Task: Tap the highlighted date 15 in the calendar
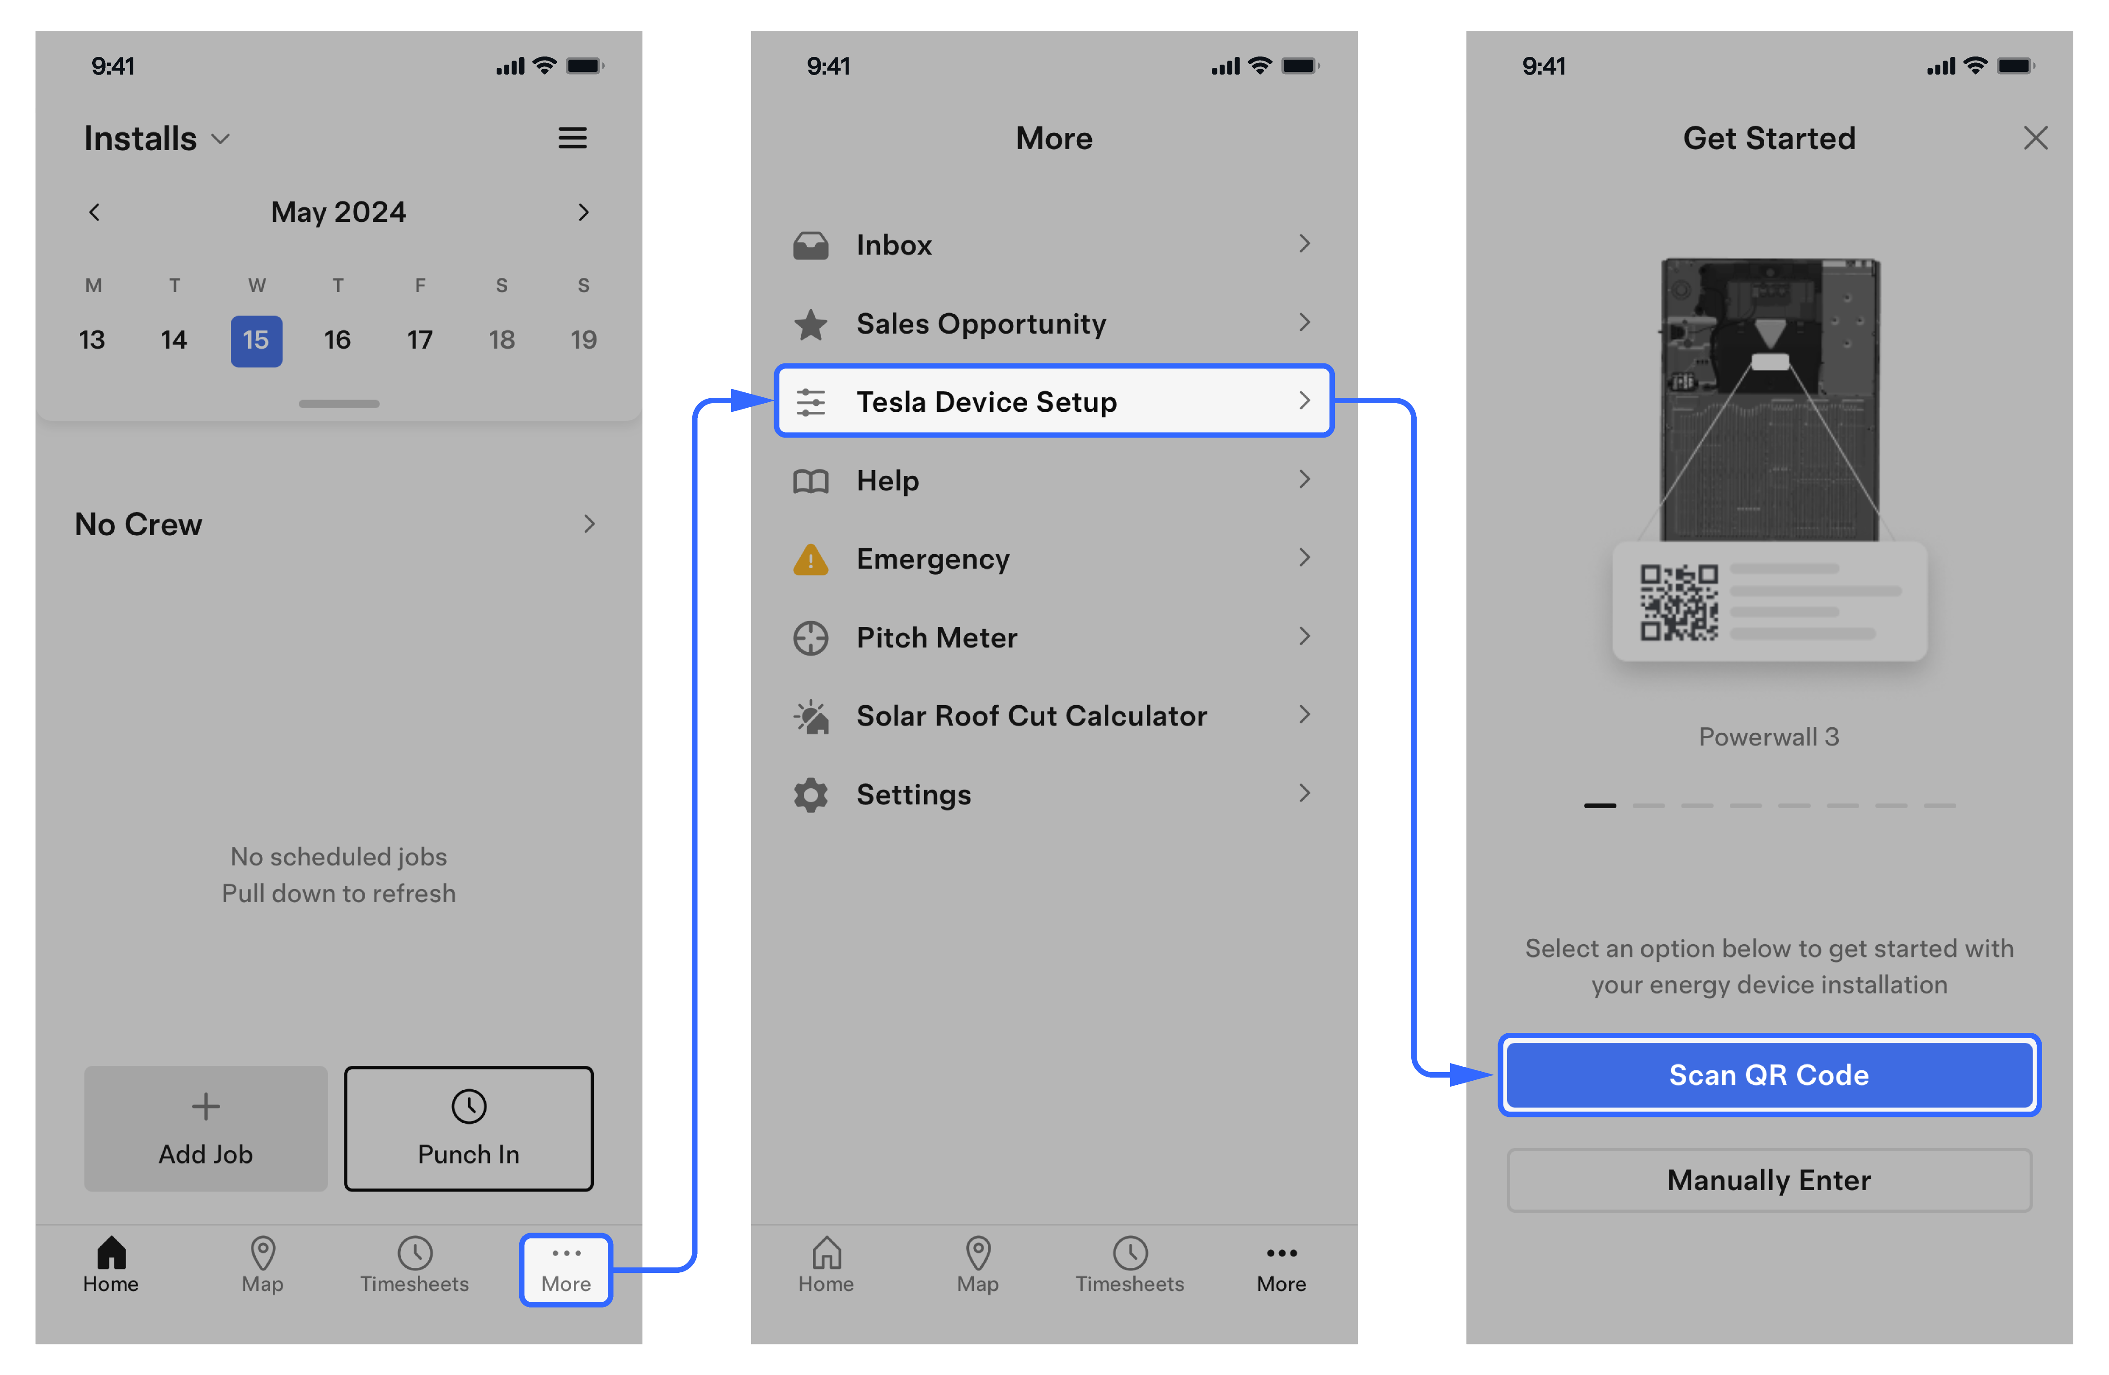(x=256, y=340)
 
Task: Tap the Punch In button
(x=469, y=1129)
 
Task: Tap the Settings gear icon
(x=811, y=795)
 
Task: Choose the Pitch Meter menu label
(x=937, y=637)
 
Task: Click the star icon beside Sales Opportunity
(x=811, y=325)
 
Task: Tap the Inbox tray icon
(x=811, y=245)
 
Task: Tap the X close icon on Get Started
(x=2035, y=138)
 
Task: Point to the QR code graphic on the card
(x=1679, y=603)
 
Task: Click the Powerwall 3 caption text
(x=1769, y=737)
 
